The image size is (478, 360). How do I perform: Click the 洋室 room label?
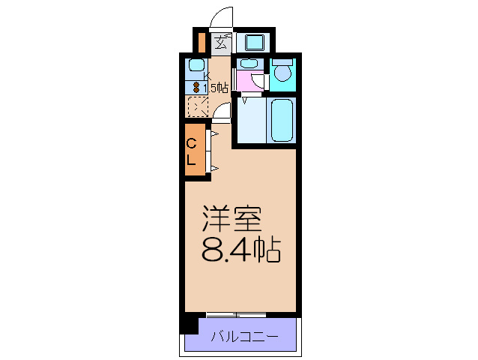[x=232, y=220]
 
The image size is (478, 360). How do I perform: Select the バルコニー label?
[x=243, y=337]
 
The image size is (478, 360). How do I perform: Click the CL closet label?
[x=192, y=151]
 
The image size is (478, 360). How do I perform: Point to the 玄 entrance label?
[x=222, y=42]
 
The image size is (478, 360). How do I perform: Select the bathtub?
[x=282, y=119]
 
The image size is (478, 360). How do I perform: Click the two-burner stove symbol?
[x=196, y=87]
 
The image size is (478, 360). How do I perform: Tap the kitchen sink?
[x=196, y=65]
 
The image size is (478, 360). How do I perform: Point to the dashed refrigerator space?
[x=197, y=106]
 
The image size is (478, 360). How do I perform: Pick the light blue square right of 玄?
[x=254, y=42]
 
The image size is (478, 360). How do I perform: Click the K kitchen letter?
[x=207, y=75]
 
